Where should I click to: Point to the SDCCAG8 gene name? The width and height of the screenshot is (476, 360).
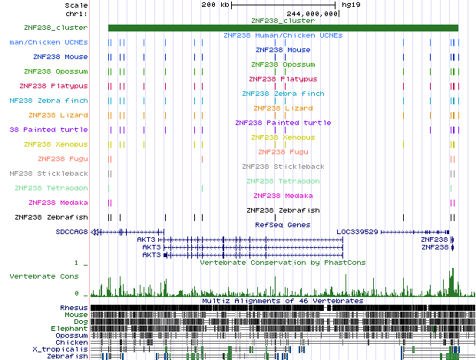(72, 231)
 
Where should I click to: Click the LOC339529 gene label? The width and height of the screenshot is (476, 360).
(359, 231)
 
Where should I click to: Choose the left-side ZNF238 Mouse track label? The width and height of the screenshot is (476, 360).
(61, 57)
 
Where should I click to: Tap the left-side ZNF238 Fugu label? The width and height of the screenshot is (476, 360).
(65, 159)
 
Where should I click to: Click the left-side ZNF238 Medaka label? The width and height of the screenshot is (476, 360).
(58, 203)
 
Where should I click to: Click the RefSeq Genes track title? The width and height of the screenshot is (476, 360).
(283, 225)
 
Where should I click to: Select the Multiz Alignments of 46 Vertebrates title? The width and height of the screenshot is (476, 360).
(283, 301)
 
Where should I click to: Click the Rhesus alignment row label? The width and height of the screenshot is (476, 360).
(74, 308)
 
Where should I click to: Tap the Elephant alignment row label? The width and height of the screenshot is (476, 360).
(70, 329)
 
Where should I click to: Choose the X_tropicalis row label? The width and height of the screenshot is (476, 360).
(63, 349)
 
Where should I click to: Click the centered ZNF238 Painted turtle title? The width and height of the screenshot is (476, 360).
(283, 123)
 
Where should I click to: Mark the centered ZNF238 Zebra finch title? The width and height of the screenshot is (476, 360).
(283, 94)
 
